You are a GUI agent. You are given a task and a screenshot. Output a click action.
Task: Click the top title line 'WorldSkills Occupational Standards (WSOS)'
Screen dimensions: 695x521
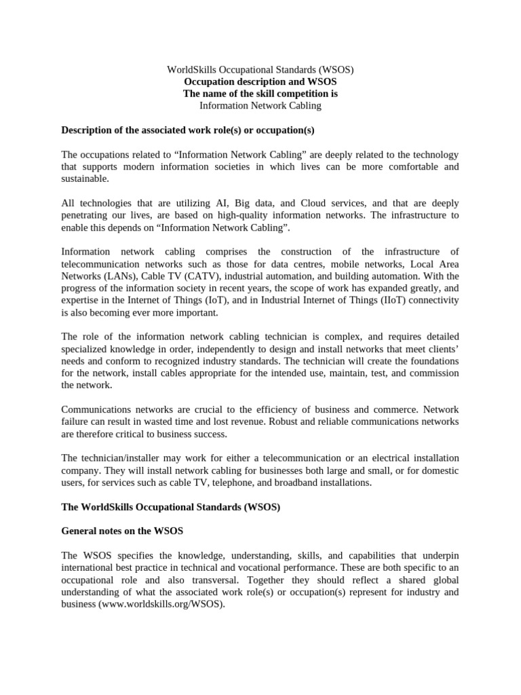(260, 69)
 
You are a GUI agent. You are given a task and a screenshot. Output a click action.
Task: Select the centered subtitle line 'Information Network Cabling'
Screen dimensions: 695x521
(260, 106)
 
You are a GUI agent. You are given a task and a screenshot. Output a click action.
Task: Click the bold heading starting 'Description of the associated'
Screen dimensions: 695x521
(188, 130)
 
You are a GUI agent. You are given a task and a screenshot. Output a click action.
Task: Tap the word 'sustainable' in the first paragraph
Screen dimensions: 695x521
(83, 179)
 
